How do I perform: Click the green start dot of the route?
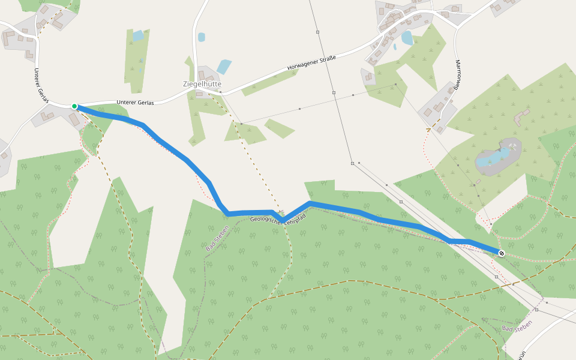click(74, 106)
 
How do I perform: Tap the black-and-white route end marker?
click(501, 253)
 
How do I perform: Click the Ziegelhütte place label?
click(202, 84)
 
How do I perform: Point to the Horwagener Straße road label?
click(311, 62)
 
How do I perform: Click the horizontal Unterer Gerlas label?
click(136, 103)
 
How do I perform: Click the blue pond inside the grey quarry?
click(493, 158)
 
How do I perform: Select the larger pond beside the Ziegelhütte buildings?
click(224, 66)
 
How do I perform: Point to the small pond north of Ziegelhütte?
click(201, 37)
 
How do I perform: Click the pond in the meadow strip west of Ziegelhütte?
click(138, 36)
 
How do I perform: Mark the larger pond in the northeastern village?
click(407, 38)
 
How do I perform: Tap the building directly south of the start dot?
click(74, 119)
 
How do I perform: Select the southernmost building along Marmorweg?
click(440, 129)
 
